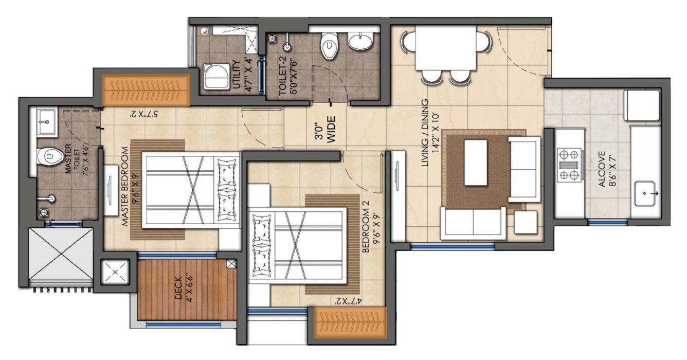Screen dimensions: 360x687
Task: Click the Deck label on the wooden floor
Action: [x=182, y=291]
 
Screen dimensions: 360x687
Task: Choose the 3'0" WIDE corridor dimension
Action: [x=325, y=129]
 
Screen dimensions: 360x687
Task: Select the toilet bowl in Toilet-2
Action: [x=328, y=45]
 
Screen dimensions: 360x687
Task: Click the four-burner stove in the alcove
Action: [x=570, y=165]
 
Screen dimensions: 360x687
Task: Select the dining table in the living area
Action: [x=445, y=47]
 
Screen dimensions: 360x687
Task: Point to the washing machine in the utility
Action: [x=216, y=76]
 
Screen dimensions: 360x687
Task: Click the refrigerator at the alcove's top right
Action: [x=641, y=105]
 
